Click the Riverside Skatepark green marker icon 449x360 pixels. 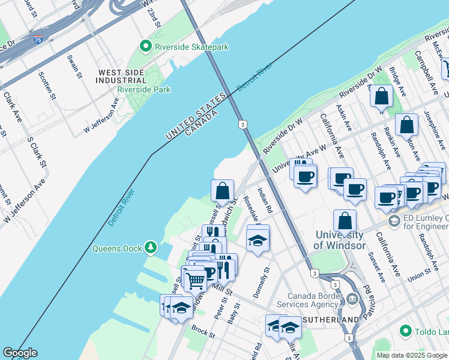tap(145, 46)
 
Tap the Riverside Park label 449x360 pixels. tap(144, 89)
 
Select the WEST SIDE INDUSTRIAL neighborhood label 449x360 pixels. tap(121, 76)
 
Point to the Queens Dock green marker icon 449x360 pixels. tap(150, 247)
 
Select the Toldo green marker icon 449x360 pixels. tap(406, 331)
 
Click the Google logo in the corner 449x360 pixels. tap(20, 353)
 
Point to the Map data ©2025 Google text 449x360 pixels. tap(411, 355)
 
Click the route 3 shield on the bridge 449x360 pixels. tap(242, 124)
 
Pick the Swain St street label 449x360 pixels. tap(75, 65)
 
